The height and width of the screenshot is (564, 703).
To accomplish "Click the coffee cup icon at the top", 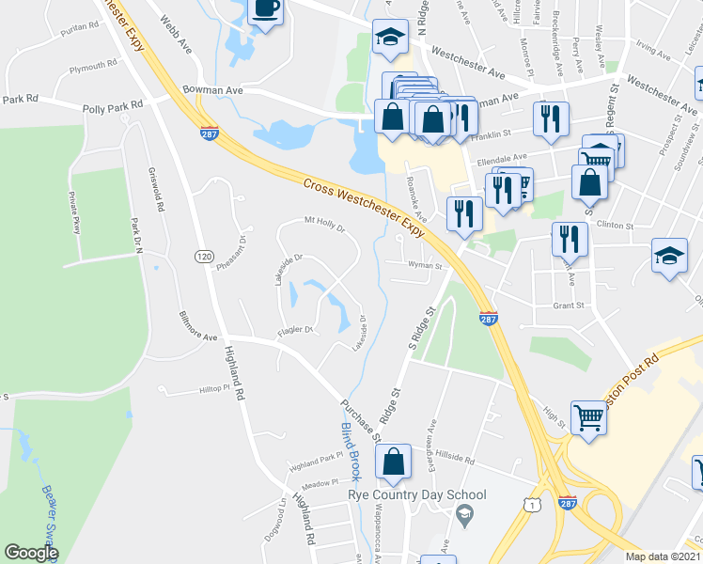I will (264, 9).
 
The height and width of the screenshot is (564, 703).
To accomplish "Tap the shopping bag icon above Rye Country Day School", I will (393, 461).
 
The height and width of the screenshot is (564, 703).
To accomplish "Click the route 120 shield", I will (203, 256).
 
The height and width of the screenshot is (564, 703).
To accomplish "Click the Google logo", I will (31, 553).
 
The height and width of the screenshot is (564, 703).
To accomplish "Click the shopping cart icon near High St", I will (589, 416).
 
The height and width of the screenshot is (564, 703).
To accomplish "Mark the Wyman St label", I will (425, 266).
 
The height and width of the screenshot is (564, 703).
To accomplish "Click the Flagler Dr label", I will (294, 330).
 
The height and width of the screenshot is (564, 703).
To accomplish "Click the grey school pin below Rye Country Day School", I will (462, 513).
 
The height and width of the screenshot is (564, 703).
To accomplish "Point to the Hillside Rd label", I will (456, 458).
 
